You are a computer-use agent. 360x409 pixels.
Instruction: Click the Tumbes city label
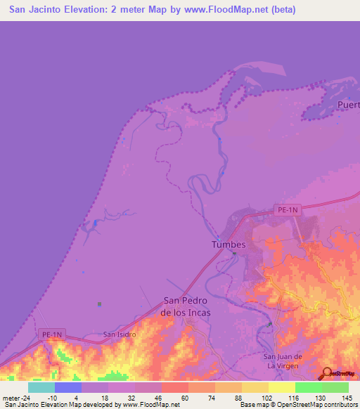229,245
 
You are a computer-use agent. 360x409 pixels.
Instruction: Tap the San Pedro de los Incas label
186,306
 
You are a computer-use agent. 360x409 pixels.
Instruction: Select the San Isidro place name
119,335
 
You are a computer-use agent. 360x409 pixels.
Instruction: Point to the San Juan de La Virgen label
282,361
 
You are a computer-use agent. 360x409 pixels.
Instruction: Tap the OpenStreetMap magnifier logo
326,373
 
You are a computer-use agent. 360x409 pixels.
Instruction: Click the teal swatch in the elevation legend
41,387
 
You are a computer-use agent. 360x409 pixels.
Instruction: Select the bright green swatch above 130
308,387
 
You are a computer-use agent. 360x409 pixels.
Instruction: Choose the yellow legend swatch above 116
281,387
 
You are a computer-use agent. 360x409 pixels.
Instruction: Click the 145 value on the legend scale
347,397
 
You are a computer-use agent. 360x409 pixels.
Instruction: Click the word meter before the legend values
9,397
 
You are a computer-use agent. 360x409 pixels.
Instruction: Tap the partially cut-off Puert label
348,105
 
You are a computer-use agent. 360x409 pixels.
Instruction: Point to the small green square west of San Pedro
99,304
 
